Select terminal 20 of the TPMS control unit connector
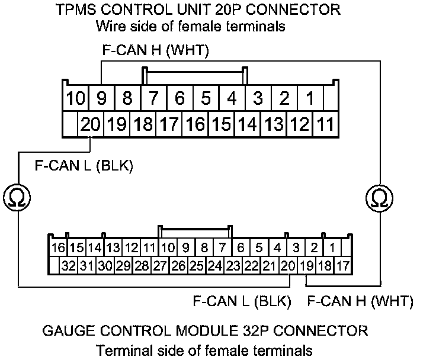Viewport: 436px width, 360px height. click(x=91, y=124)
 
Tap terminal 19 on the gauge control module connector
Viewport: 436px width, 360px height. click(x=306, y=266)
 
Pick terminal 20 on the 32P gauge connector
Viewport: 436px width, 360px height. click(x=288, y=266)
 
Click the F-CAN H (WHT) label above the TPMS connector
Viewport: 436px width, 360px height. click(x=156, y=52)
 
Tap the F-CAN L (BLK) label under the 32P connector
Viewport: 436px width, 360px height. click(x=242, y=301)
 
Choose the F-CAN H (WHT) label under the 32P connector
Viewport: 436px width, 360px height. click(x=360, y=301)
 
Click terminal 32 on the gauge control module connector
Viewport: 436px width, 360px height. click(x=69, y=266)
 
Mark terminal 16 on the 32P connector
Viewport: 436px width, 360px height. click(x=58, y=247)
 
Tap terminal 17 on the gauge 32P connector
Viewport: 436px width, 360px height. click(x=342, y=266)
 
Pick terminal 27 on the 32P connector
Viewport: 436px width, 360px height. click(x=160, y=266)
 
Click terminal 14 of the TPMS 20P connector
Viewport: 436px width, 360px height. click(x=248, y=124)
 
